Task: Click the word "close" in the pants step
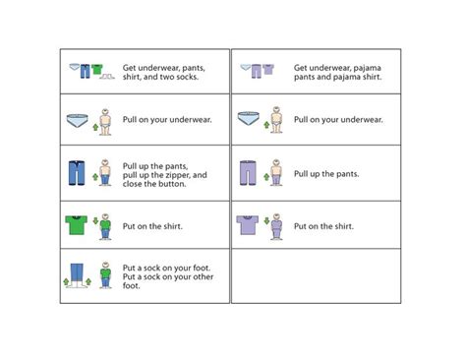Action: [135, 184]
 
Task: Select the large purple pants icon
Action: [248, 173]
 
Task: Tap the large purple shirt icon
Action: [247, 225]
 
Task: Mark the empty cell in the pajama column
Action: [316, 275]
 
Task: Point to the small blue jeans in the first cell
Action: [86, 71]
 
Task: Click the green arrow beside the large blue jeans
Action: [94, 178]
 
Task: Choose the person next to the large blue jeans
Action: [105, 173]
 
